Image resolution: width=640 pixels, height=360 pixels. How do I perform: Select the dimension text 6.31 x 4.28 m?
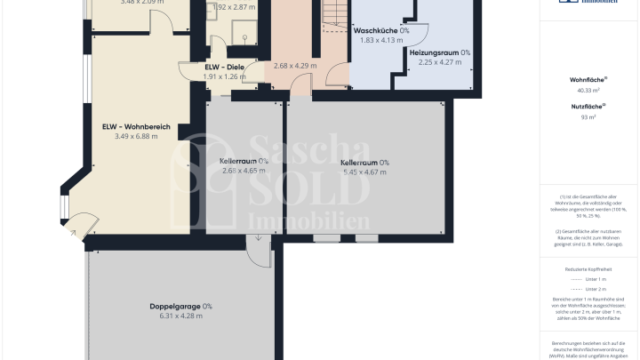(x=181, y=316)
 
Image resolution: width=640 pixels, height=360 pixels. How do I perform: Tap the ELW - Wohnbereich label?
(x=136, y=126)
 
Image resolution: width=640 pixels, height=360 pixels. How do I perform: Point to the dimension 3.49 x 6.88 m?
(x=136, y=136)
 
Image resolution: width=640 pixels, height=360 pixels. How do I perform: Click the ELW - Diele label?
(x=224, y=67)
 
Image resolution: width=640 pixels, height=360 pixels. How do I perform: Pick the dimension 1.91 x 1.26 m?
(x=224, y=76)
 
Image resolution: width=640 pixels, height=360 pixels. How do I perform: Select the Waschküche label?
(x=380, y=30)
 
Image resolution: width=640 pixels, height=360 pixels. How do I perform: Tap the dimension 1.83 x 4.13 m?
(x=380, y=40)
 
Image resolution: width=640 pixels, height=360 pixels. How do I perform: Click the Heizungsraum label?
(x=440, y=52)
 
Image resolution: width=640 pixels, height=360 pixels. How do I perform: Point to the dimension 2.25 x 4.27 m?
(x=440, y=62)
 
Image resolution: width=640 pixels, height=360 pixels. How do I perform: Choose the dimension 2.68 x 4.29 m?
(x=295, y=66)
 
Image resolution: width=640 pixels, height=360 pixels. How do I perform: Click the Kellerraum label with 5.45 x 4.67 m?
(x=364, y=163)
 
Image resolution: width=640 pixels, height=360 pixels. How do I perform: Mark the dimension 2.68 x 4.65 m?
(x=244, y=171)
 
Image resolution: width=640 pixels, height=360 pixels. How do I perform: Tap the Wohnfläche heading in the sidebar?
(x=588, y=79)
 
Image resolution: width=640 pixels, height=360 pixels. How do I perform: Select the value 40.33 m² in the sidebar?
(x=588, y=90)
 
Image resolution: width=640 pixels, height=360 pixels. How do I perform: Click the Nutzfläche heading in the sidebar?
(x=588, y=106)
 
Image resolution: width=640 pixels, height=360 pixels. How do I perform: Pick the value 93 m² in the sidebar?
(x=588, y=116)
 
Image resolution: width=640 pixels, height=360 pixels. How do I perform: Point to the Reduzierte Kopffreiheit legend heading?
(x=588, y=268)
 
